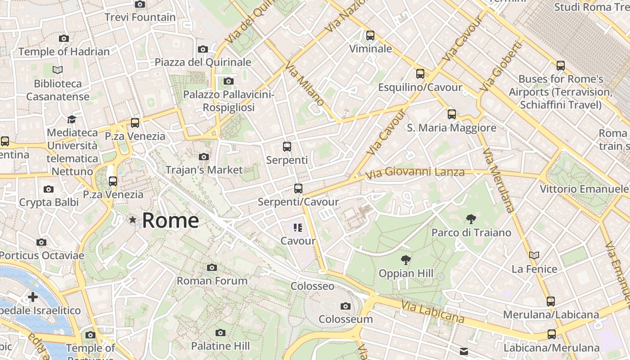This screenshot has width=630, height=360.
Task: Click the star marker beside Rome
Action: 132,220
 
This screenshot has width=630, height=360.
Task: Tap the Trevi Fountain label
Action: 140,17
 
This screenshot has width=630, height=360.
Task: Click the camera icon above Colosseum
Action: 346,306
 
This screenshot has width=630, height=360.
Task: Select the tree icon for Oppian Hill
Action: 405,260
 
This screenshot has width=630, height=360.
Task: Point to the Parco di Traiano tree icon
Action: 471,219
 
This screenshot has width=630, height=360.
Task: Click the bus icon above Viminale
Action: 370,35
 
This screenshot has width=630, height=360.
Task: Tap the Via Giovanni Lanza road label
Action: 414,172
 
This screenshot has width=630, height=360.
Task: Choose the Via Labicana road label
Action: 432,312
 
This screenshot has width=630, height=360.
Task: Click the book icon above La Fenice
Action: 534,256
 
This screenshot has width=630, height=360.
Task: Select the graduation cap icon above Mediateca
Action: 72,119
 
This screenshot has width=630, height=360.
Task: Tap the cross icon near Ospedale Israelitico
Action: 33,297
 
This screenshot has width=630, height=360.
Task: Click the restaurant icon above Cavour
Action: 297,228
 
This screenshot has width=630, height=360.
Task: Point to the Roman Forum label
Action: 212,281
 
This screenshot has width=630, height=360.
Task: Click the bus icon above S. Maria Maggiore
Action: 452,114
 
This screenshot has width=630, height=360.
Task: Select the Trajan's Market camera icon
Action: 204,157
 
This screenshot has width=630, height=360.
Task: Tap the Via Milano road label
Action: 304,84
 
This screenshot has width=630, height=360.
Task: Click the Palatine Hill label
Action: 220,346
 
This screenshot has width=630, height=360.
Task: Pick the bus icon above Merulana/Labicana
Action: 551,301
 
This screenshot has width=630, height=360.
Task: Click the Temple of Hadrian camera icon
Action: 64,39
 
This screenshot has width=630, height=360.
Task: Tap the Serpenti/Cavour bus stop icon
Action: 298,189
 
